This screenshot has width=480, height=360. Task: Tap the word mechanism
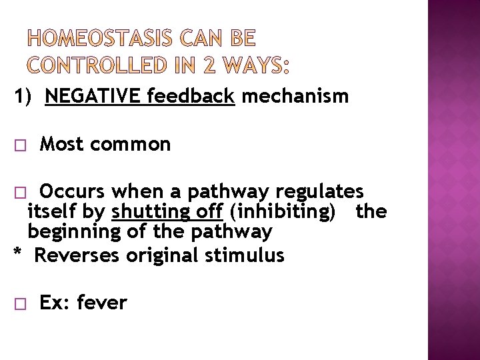(295, 97)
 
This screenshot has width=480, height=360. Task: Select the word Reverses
(75, 255)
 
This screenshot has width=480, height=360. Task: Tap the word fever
(101, 303)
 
